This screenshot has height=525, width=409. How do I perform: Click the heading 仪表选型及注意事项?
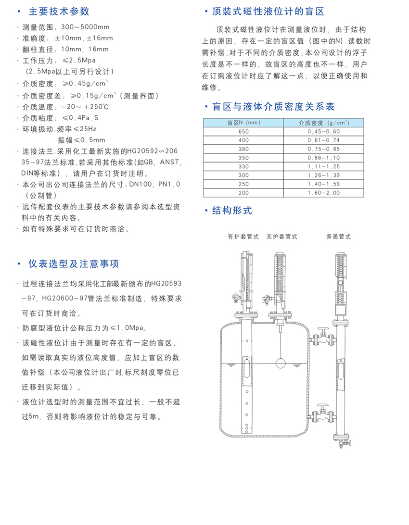pos(74,264)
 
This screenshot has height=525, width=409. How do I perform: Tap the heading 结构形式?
pos(232,211)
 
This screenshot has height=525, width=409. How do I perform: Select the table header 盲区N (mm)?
pos(243,123)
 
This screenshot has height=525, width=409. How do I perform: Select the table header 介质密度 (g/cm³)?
pos(323,123)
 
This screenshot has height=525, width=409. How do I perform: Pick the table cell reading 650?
pos(243,132)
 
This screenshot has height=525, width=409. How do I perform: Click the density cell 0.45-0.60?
pos(323,132)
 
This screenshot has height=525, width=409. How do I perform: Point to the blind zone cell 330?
pos(243,166)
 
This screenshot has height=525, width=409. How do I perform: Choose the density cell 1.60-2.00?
pos(323,193)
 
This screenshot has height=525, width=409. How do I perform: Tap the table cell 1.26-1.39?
pos(323,175)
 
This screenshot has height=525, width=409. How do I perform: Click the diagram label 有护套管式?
pos(243,237)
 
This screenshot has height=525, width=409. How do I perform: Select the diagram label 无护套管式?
pos(281,237)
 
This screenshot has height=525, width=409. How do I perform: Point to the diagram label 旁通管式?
pos(338,237)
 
